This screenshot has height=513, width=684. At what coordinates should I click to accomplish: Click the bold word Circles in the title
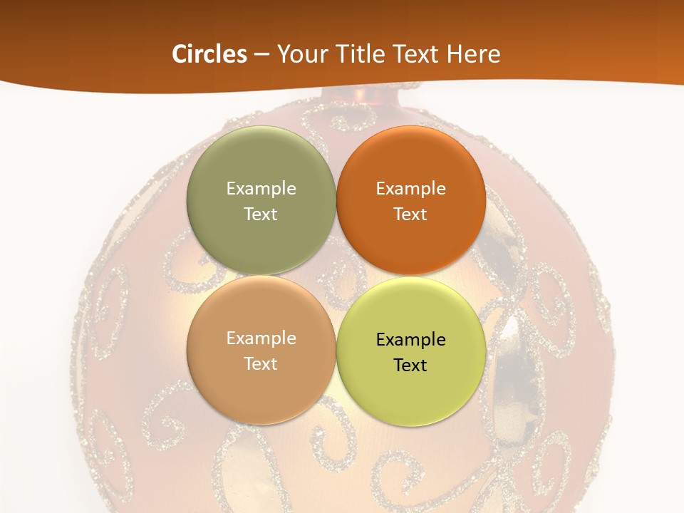point(209,54)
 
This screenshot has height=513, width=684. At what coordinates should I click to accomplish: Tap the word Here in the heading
point(472,54)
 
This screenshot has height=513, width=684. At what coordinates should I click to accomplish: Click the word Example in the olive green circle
point(261,189)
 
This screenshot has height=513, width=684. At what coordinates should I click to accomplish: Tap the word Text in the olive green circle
point(261,214)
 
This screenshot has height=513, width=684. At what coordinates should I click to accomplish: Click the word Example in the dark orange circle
point(411,189)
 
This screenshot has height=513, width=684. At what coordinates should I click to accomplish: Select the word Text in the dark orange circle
point(411,214)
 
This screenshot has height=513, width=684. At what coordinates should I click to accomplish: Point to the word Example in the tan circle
point(261,338)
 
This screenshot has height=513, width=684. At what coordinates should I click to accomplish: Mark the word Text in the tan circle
point(261,364)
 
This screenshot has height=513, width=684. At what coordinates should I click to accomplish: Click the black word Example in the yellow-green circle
point(411,340)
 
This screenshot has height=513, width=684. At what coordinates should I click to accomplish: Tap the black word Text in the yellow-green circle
point(411,366)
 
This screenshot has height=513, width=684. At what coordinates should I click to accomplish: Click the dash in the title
point(261,55)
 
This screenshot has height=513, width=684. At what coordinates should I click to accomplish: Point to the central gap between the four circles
point(336,276)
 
